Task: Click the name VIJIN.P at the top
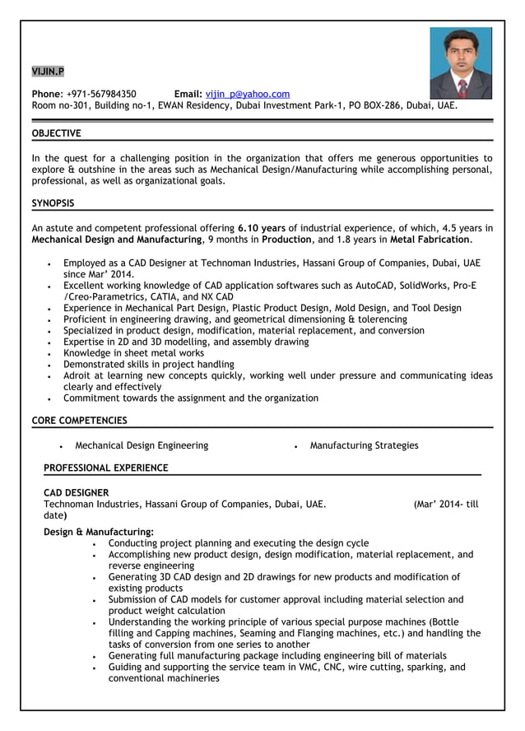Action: tap(47, 71)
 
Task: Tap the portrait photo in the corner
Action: tap(460, 63)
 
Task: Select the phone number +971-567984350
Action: tap(102, 94)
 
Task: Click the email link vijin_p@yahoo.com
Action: tap(247, 94)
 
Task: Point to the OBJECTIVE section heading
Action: tap(56, 133)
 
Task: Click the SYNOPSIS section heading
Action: tap(53, 203)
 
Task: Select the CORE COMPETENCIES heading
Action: tap(79, 421)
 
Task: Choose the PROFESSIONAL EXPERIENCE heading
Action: tap(105, 468)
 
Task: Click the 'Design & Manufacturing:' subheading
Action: tap(98, 532)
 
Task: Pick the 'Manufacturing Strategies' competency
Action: tap(364, 445)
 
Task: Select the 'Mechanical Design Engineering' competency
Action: tap(142, 445)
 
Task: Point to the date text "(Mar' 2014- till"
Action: tap(445, 504)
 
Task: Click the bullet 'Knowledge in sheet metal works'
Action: tap(133, 353)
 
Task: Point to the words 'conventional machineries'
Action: tap(164, 678)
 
